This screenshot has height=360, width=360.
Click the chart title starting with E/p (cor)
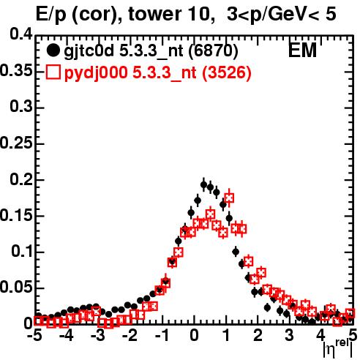pyautogui.click(x=186, y=15)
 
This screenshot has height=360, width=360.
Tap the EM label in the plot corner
pyautogui.click(x=302, y=50)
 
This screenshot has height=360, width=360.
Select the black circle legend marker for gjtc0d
pyautogui.click(x=53, y=50)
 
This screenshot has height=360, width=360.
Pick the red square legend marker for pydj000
pyautogui.click(x=53, y=72)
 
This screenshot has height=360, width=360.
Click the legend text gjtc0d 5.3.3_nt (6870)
pyautogui.click(x=151, y=51)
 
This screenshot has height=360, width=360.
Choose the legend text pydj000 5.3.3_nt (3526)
pyautogui.click(x=157, y=72)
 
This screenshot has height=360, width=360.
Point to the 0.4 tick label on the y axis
pyautogui.click(x=21, y=34)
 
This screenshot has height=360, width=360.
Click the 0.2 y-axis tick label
pyautogui.click(x=21, y=179)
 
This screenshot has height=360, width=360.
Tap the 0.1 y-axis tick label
pyautogui.click(x=22, y=252)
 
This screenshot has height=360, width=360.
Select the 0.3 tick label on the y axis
pyautogui.click(x=21, y=107)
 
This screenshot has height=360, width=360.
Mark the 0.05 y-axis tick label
pyautogui.click(x=16, y=288)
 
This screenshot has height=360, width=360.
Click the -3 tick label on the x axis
pyautogui.click(x=98, y=335)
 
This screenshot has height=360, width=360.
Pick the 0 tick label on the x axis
pyautogui.click(x=194, y=335)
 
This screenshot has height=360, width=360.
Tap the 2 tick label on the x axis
pyautogui.click(x=258, y=335)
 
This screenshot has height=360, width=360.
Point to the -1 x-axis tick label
pyautogui.click(x=162, y=335)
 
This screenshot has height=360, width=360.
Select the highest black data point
pyautogui.click(x=204, y=185)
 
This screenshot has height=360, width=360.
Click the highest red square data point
pyautogui.click(x=229, y=198)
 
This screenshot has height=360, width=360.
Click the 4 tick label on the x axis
pyautogui.click(x=321, y=335)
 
